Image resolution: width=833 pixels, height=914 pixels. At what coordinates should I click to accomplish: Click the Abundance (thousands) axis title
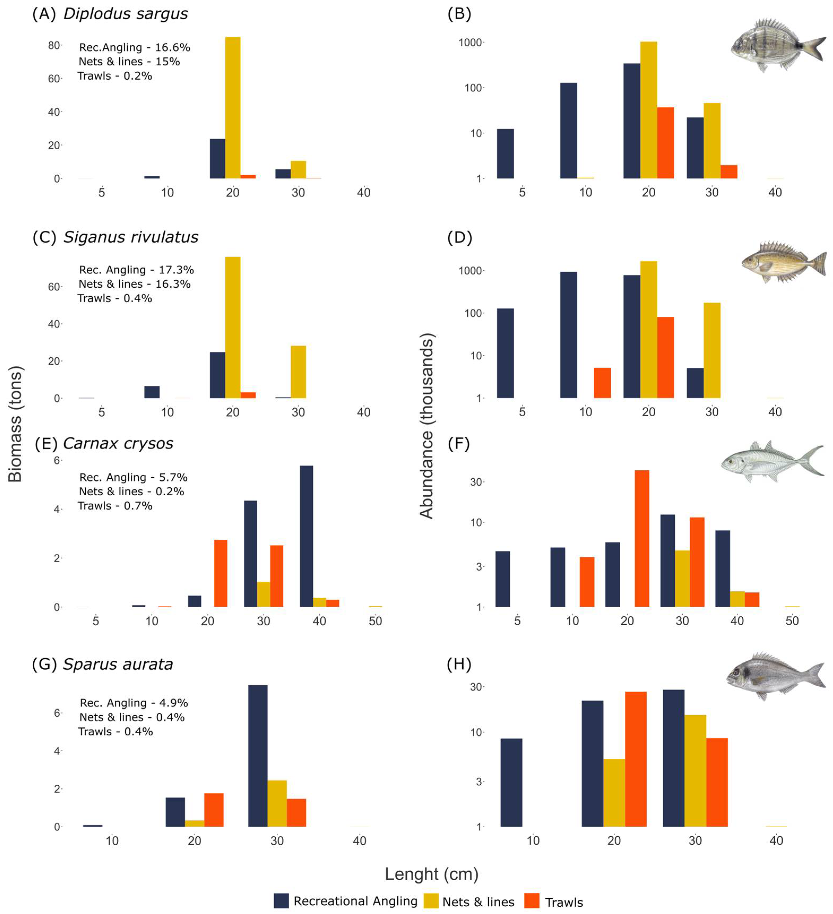[x=427, y=426]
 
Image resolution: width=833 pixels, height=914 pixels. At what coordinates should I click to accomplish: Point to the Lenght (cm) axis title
[x=431, y=874]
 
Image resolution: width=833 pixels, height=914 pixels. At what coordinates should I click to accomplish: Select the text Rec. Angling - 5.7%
[x=133, y=477]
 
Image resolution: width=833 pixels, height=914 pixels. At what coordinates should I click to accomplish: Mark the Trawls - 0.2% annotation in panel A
[x=115, y=76]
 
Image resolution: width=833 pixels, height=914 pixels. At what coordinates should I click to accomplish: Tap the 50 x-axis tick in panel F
[x=792, y=621]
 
